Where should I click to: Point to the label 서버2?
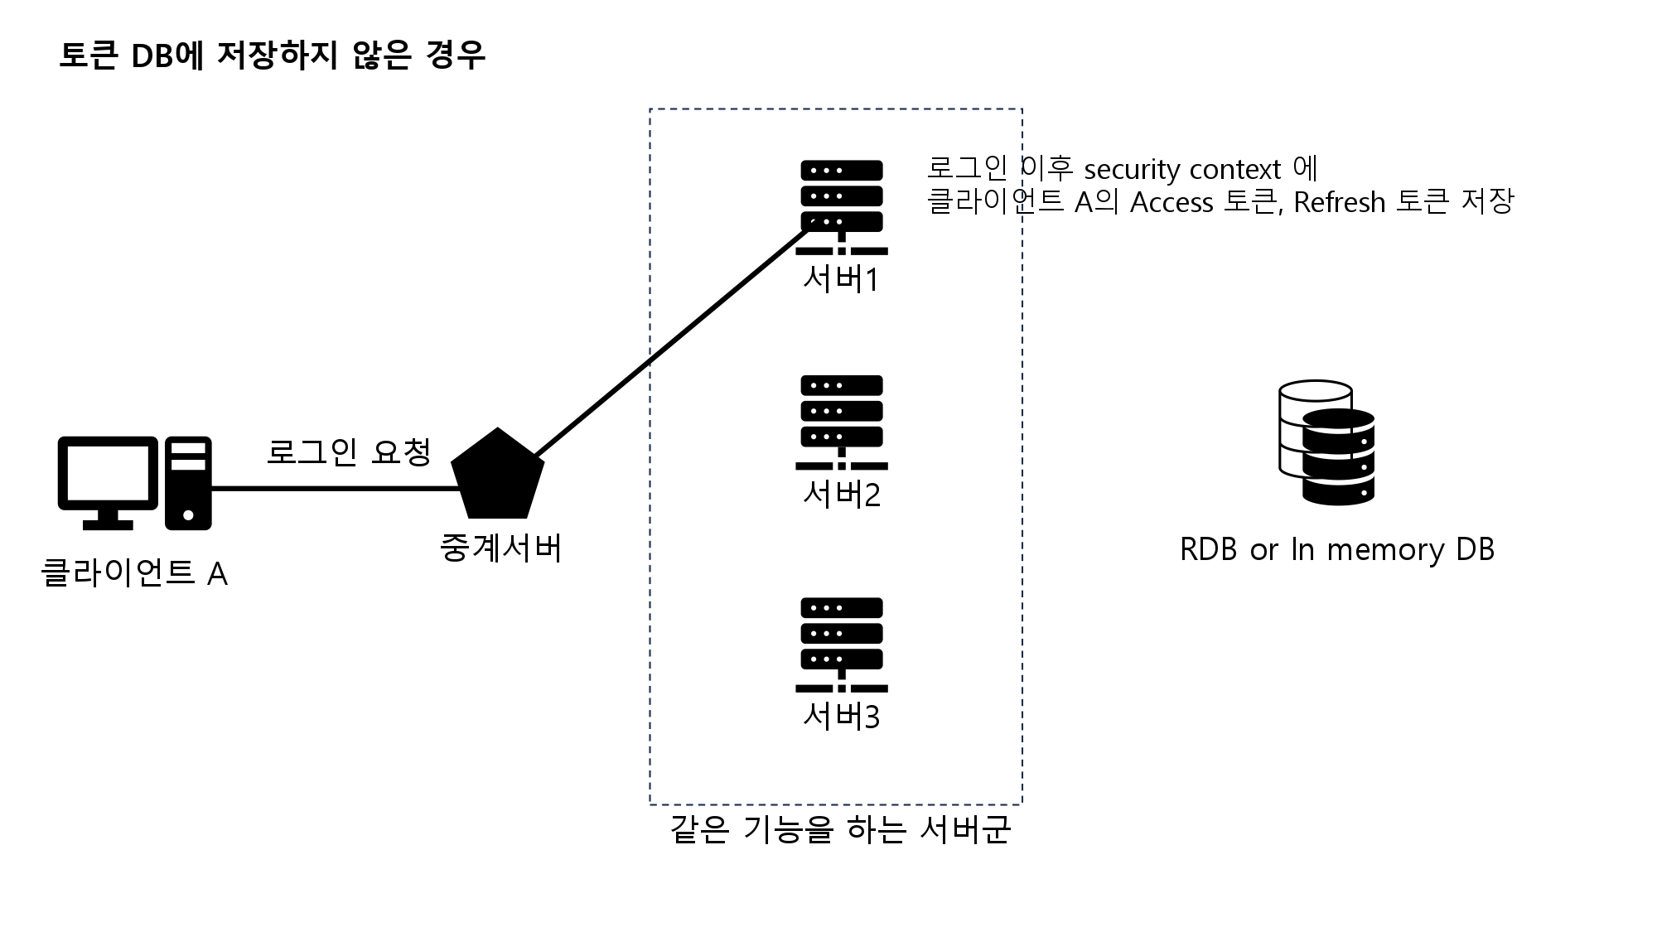(x=841, y=495)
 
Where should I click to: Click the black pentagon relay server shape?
(x=497, y=476)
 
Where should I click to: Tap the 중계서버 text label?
(x=501, y=548)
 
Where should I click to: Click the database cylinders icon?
(x=1326, y=442)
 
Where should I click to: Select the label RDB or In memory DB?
(x=1336, y=550)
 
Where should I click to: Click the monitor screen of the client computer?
(x=108, y=472)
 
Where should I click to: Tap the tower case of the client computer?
(x=188, y=483)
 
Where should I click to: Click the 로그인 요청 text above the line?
(x=349, y=452)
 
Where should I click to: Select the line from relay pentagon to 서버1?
(x=663, y=352)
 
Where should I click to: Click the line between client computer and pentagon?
(x=331, y=489)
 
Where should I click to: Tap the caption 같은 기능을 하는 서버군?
(x=840, y=829)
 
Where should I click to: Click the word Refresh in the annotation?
(x=1339, y=202)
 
